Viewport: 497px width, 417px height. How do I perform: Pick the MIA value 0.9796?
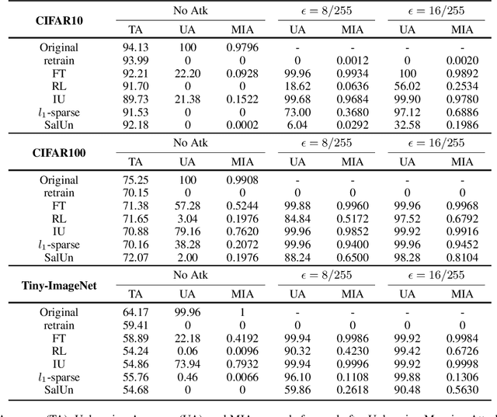242,47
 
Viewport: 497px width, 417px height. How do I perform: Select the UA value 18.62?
297,85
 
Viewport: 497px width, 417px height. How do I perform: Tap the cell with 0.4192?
242,339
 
